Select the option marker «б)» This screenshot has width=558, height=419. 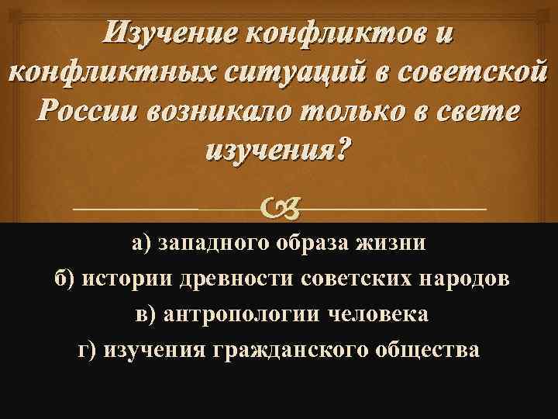[67, 280]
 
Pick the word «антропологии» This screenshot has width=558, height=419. [254, 315]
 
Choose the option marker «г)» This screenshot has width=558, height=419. [89, 351]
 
